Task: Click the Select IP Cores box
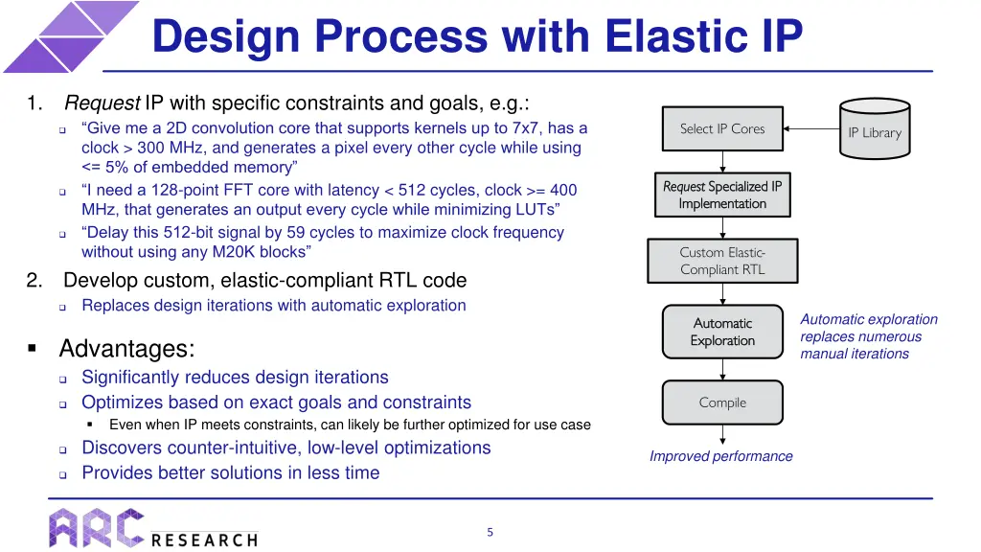(722, 128)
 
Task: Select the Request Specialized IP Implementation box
(722, 195)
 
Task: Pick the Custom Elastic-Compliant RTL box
(722, 261)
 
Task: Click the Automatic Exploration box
(722, 332)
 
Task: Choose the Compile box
(722, 402)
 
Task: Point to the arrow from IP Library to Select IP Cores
(811, 128)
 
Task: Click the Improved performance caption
(720, 456)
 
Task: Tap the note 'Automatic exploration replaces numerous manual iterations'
(868, 336)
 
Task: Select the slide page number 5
(490, 532)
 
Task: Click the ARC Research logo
(153, 528)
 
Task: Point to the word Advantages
(126, 348)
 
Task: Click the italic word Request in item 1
(103, 103)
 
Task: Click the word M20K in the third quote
(232, 251)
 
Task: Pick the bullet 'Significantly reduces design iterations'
(235, 378)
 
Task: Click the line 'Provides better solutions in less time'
(230, 472)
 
